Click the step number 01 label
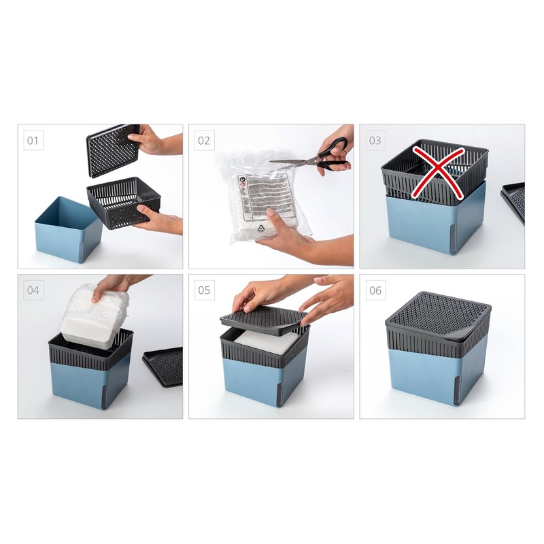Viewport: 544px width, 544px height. click(33, 141)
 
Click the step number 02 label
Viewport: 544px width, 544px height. click(204, 141)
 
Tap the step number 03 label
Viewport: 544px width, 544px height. click(375, 141)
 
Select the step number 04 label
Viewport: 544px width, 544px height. click(33, 290)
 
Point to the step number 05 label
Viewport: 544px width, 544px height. click(204, 290)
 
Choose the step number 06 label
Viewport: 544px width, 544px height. click(375, 290)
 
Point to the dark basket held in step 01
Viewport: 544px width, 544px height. click(122, 201)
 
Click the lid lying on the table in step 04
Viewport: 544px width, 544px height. click(164, 367)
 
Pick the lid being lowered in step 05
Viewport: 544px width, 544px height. click(262, 320)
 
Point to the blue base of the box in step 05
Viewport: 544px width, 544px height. click(262, 381)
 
